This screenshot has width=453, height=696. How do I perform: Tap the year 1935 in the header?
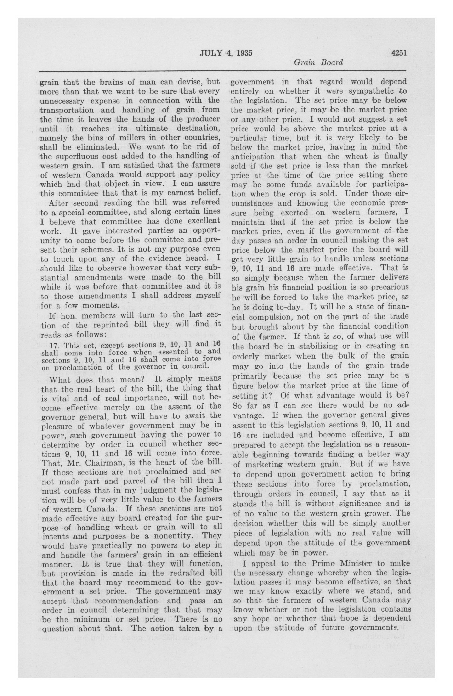click(x=242, y=53)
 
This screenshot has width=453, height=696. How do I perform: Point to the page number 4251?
click(x=399, y=53)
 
